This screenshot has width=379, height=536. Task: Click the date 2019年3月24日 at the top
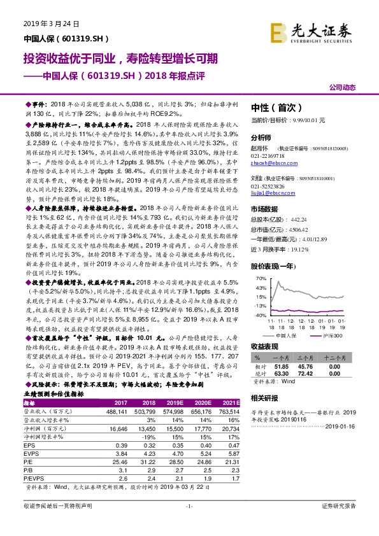click(x=51, y=23)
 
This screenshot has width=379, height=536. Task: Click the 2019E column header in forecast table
click(x=175, y=403)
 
